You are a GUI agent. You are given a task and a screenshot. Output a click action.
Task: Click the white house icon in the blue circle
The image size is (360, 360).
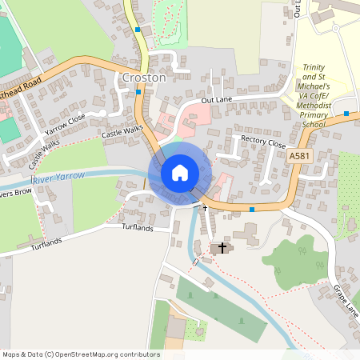point(179,173)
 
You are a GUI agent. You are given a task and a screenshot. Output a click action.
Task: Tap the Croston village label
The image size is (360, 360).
point(144,78)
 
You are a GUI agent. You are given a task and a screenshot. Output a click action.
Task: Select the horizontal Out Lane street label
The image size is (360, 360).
point(215,100)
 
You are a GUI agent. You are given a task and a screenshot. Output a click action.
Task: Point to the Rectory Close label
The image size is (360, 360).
point(263,143)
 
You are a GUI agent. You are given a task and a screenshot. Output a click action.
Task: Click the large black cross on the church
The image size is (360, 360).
point(222,248)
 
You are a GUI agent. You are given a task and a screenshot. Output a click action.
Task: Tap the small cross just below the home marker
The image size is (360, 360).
point(204,207)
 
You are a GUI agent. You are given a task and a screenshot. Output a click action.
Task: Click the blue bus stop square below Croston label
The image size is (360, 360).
point(139,91)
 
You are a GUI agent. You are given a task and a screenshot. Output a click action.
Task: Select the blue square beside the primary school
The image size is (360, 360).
point(346,114)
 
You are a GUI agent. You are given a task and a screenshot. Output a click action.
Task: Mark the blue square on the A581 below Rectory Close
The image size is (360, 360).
point(252,210)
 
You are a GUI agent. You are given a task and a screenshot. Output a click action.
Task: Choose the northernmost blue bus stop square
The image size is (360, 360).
point(138,30)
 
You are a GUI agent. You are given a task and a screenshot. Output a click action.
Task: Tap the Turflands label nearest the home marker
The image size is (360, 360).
point(137,227)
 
